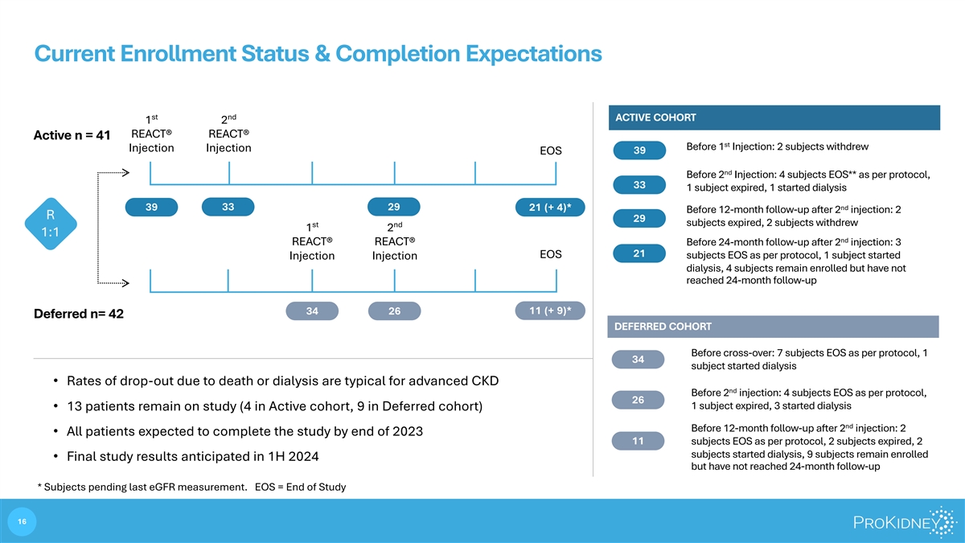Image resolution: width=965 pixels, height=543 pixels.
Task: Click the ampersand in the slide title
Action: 322,54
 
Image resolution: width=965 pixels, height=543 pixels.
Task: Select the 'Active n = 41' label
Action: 72,135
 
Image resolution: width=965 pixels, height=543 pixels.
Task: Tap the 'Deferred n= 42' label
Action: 79,314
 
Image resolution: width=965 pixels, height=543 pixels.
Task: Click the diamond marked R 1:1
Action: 51,224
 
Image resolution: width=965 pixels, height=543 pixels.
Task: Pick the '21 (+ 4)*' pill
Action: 550,208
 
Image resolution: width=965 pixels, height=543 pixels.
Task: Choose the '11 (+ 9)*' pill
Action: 550,311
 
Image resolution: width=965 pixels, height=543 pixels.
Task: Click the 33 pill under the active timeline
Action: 228,207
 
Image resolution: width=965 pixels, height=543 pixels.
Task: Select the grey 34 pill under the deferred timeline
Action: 312,311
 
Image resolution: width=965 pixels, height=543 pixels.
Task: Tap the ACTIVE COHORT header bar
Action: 774,117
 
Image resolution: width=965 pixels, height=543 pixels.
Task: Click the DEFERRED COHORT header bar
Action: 774,327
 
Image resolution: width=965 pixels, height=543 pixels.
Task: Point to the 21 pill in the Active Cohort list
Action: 639,253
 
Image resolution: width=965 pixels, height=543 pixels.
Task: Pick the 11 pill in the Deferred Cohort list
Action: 638,441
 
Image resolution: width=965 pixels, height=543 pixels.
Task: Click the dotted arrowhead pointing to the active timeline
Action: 125,173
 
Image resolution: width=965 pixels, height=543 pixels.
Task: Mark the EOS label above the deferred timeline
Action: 551,254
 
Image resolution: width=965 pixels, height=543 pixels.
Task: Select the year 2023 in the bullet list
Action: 408,431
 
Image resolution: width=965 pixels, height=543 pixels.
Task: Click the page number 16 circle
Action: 22,521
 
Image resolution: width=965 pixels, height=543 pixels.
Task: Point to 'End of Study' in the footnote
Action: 316,487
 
